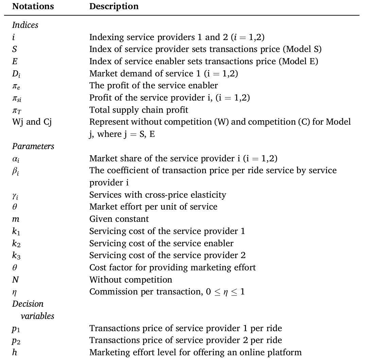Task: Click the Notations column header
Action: point(33,6)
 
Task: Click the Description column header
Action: point(114,6)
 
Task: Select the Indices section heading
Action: point(25,25)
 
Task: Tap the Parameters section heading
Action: point(33,146)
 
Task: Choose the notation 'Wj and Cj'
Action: point(32,122)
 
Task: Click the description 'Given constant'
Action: point(119,219)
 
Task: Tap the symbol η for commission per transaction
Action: point(14,292)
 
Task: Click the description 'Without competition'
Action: point(130,280)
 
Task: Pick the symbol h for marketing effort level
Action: point(15,353)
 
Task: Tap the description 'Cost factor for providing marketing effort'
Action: point(172,267)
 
